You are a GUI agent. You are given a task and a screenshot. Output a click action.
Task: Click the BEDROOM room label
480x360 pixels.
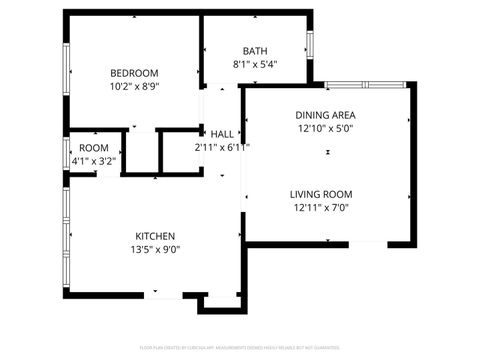click(x=134, y=73)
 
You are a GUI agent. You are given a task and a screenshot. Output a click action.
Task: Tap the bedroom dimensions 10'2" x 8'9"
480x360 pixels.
click(x=134, y=87)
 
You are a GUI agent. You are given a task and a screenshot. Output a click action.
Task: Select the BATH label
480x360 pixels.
click(x=255, y=51)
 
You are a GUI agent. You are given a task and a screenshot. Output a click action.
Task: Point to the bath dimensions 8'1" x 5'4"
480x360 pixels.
click(x=255, y=65)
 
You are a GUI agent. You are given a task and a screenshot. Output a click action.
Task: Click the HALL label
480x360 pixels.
click(x=221, y=134)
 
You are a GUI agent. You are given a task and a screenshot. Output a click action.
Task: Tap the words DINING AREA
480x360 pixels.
click(x=325, y=115)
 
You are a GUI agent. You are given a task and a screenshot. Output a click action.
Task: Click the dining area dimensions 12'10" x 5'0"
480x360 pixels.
click(x=325, y=129)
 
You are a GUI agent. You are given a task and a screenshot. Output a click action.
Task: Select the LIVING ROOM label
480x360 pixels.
click(x=321, y=195)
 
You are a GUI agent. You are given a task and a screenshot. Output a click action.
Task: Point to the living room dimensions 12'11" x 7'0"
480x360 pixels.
click(x=321, y=209)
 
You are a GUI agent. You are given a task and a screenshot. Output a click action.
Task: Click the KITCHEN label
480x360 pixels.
click(x=153, y=236)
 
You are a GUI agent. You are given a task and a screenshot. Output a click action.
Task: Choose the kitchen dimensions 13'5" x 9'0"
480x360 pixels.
click(x=154, y=250)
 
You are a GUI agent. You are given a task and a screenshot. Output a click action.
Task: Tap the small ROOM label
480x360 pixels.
click(x=95, y=148)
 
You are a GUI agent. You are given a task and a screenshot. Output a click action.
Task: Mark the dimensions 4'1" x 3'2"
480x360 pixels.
click(x=95, y=160)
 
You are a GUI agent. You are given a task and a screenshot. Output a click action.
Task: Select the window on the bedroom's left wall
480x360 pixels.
click(x=67, y=73)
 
